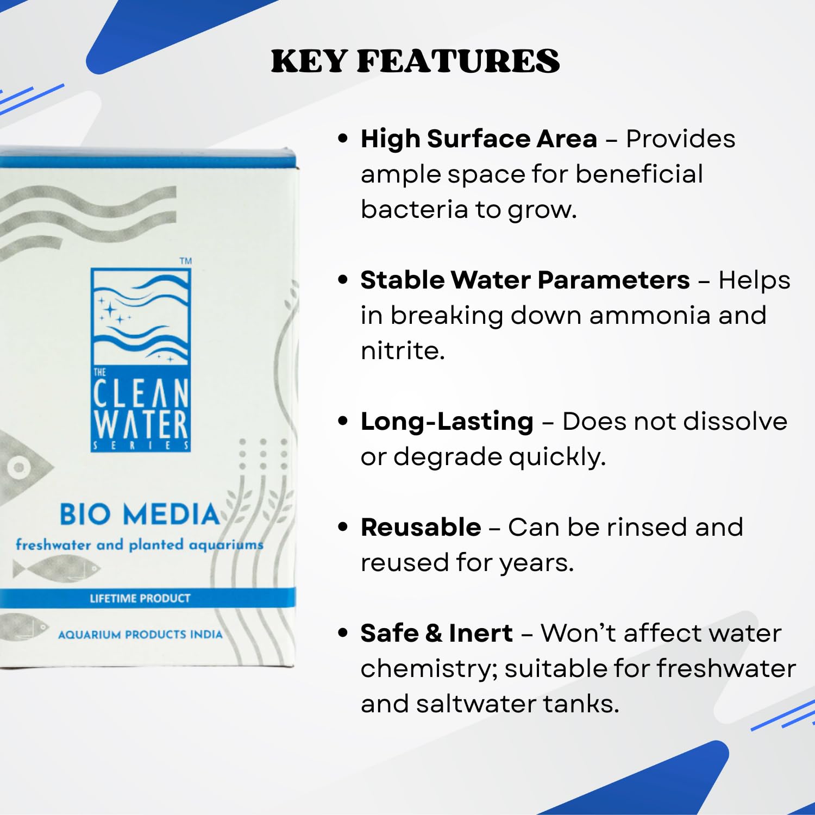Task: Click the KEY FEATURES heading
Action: pos(415,61)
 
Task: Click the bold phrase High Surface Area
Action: pos(479,139)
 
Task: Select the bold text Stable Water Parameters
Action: pos(525,280)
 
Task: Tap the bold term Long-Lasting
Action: pos(447,422)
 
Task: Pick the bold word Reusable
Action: pos(421,528)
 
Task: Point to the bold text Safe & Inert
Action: pos(436,634)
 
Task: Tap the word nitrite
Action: pos(402,351)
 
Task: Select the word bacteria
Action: pos(413,210)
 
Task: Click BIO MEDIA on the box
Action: pos(139,515)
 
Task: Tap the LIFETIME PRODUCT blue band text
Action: pos(140,598)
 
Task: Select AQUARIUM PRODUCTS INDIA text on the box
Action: pos(140,635)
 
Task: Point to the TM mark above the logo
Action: pos(186,261)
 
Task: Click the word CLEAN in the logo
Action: pos(141,394)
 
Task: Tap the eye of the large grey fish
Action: pos(20,467)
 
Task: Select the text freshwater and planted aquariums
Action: pos(139,544)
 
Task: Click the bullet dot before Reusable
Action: pos(342,527)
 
